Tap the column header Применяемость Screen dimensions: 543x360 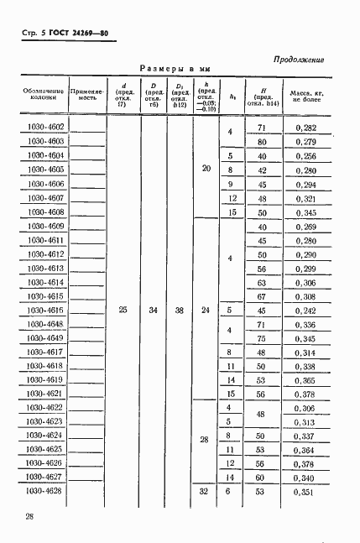pos(86,93)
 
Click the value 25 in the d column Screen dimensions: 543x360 pos(123,311)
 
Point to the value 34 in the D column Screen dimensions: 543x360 pos(153,311)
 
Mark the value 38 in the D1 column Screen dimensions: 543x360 pos(179,311)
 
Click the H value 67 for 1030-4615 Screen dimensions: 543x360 pos(262,296)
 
